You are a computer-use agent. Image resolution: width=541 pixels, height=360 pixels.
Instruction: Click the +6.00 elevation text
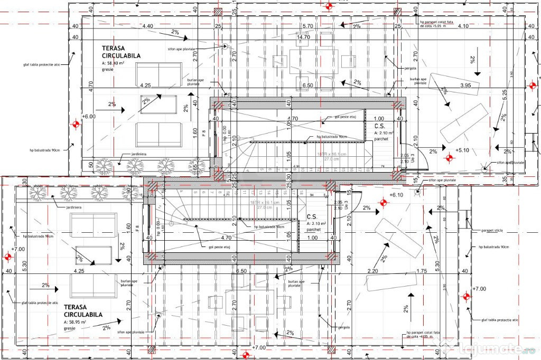tap(88, 117)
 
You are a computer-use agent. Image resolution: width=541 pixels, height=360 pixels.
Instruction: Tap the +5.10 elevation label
tap(463, 150)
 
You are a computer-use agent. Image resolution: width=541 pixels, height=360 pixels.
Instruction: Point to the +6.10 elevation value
tap(396, 195)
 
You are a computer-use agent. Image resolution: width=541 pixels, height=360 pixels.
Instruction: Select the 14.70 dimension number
tap(303, 37)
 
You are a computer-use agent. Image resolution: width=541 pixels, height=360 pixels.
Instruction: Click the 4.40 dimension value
tap(147, 26)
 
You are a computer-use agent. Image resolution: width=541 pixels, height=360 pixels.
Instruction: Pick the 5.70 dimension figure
tap(307, 26)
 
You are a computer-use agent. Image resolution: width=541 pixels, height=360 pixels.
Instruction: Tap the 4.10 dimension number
tap(463, 26)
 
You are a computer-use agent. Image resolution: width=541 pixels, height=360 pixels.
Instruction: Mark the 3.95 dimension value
tap(465, 85)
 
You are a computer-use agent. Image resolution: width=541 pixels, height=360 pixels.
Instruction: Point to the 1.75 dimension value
tap(421, 271)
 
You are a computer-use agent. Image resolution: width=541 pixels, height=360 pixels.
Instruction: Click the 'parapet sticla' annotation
tap(495, 230)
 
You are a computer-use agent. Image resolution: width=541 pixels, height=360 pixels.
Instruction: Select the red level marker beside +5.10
tap(450, 157)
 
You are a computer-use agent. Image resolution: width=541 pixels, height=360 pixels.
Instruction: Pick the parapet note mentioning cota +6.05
tap(422, 334)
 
